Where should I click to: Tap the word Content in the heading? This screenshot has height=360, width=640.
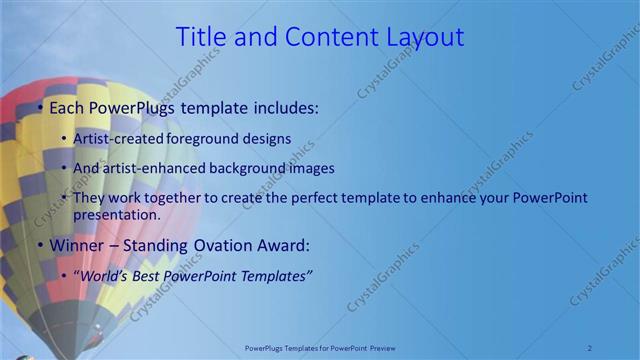325,37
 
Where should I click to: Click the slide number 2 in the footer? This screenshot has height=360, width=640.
590,347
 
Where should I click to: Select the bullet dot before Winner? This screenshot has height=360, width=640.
39,245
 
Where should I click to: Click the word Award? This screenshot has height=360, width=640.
289,245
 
